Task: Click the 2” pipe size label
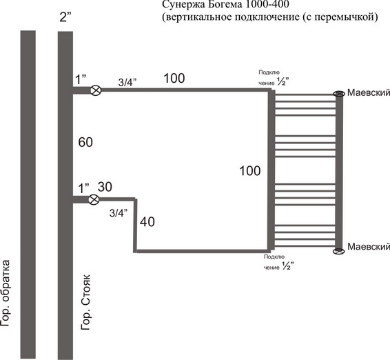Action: (65, 17)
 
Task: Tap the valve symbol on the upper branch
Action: (95, 90)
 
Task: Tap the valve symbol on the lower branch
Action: (94, 199)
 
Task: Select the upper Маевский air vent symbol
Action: (339, 94)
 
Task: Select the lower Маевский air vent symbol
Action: (339, 251)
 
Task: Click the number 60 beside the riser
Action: (85, 142)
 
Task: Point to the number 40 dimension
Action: (147, 221)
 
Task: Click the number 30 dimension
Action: (105, 187)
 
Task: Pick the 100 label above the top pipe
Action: (174, 78)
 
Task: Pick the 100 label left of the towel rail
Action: (249, 171)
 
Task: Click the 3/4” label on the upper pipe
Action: (127, 82)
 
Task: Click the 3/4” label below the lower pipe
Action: (119, 213)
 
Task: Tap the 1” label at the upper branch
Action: (81, 80)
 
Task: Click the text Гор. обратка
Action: (6, 293)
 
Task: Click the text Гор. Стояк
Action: (86, 302)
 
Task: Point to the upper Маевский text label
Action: (369, 92)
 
